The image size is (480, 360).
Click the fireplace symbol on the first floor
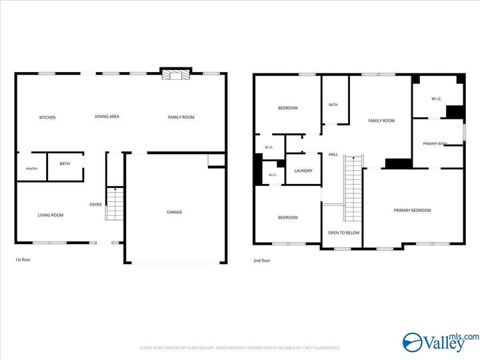click(x=176, y=75)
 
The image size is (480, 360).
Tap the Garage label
click(x=175, y=212)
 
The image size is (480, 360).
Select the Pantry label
click(x=31, y=169)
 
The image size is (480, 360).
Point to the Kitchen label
click(x=47, y=117)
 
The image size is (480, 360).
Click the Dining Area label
click(x=107, y=116)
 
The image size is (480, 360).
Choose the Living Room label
click(x=51, y=215)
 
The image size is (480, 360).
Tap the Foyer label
click(x=95, y=205)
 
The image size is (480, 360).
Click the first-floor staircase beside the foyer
click(x=115, y=204)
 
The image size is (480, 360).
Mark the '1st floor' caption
click(x=23, y=259)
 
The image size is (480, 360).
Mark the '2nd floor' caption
click(x=262, y=261)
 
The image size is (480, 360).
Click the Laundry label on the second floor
click(x=303, y=171)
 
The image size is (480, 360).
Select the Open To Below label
click(x=344, y=233)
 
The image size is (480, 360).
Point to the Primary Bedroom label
click(x=413, y=210)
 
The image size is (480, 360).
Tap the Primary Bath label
click(x=435, y=143)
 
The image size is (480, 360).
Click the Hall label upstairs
click(x=333, y=154)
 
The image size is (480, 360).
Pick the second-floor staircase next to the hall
click(x=353, y=188)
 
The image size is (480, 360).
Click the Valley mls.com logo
click(x=441, y=342)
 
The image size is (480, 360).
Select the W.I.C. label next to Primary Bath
click(x=437, y=99)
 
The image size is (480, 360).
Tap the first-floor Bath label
click(x=65, y=163)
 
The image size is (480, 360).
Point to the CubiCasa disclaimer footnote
click(x=240, y=348)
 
